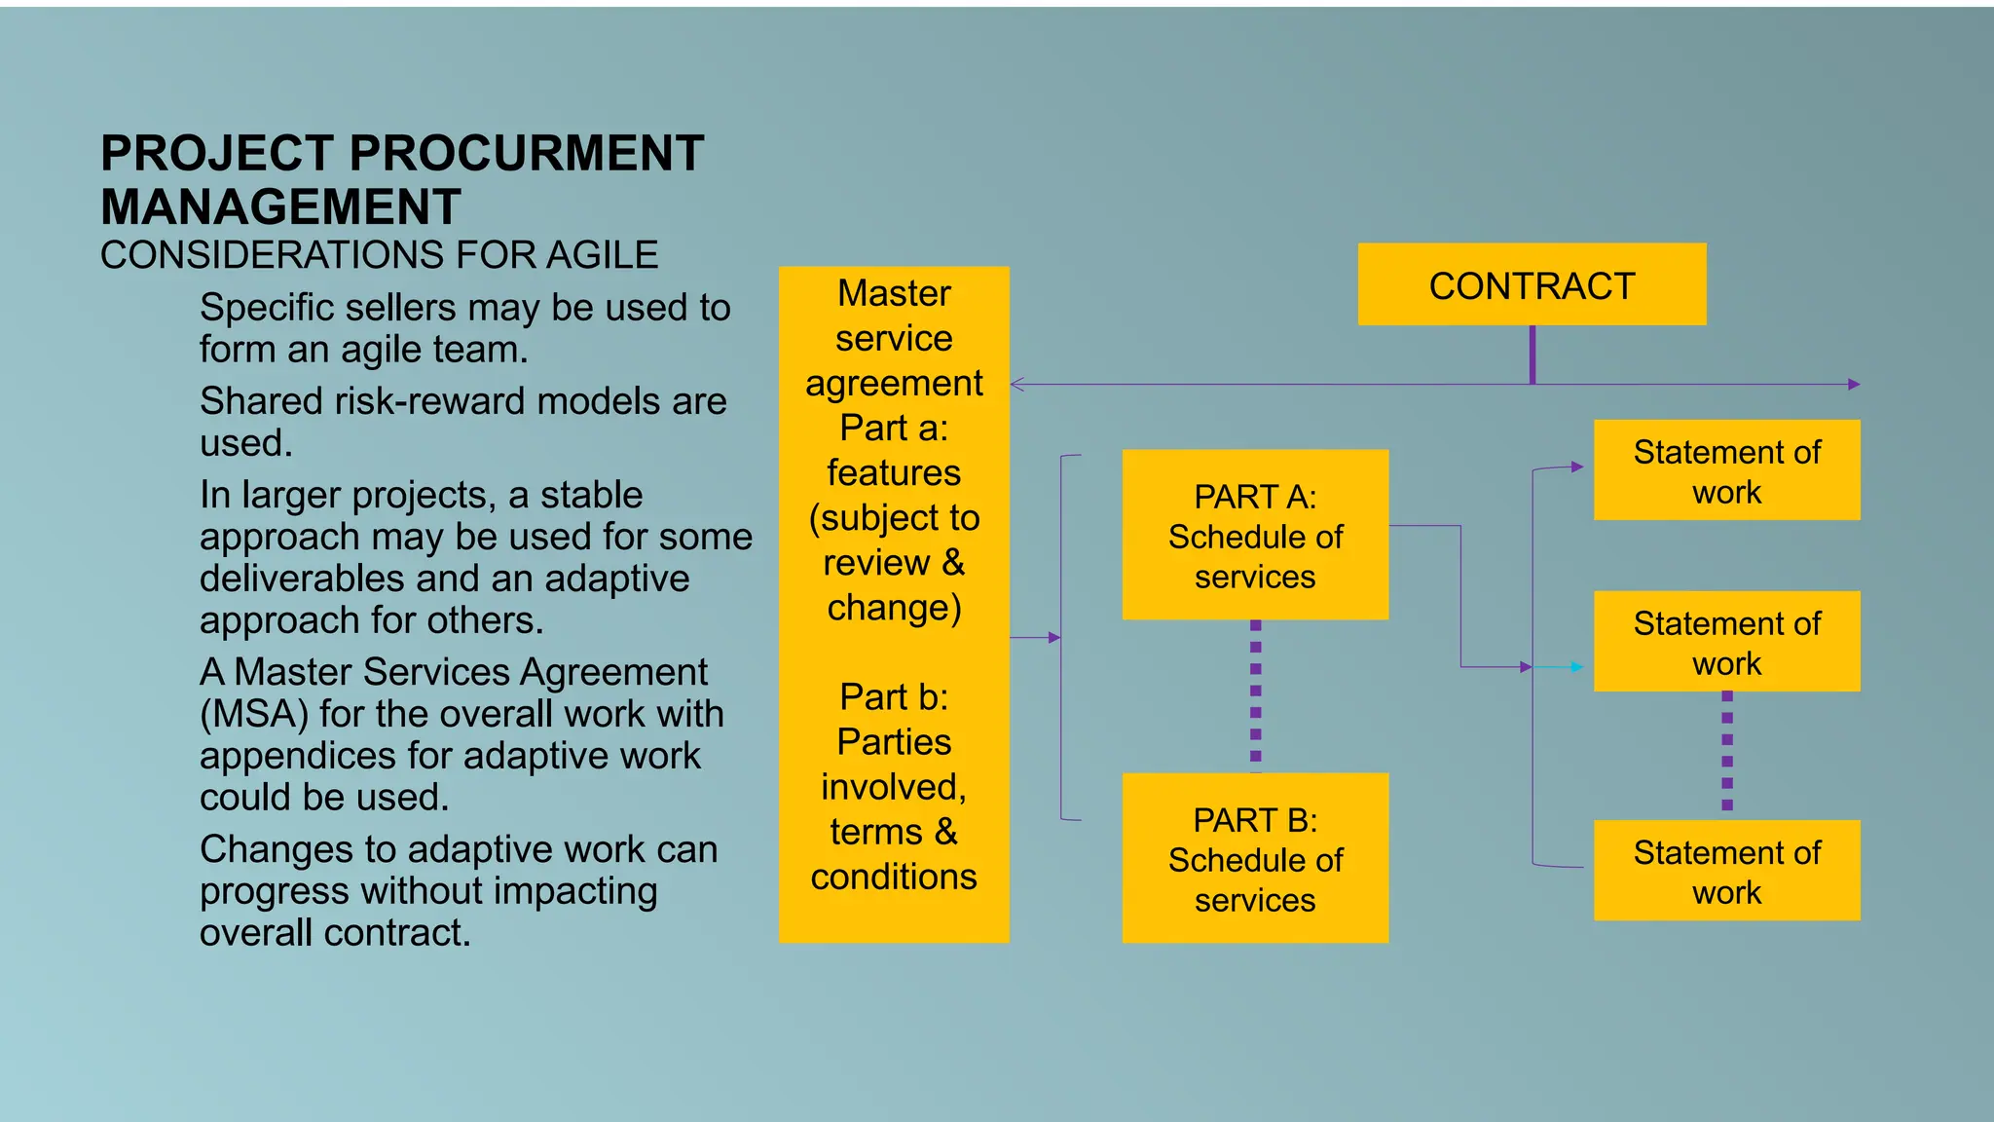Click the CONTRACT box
[1532, 284]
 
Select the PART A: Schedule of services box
[1255, 535]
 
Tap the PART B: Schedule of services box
[1255, 858]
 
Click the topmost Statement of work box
[1726, 470]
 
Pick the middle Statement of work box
[1726, 642]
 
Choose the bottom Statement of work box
[1726, 871]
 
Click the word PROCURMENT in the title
[526, 154]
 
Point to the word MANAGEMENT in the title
[280, 207]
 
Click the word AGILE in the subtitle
[602, 255]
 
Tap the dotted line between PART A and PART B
[1255, 695]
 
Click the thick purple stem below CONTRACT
[1532, 354]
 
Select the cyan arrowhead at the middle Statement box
[1576, 667]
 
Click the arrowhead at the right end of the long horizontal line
[1854, 385]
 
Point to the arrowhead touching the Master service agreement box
[1017, 385]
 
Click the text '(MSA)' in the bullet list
[254, 715]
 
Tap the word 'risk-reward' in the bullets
[451, 401]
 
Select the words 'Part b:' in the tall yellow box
[894, 697]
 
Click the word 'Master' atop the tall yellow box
[894, 293]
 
